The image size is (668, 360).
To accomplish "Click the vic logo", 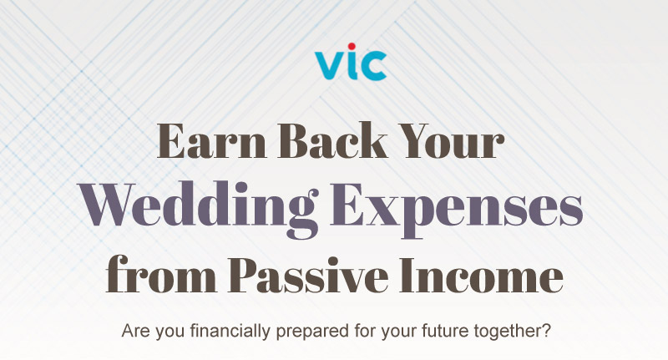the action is (351, 62).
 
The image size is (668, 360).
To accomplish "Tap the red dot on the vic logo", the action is (352, 47).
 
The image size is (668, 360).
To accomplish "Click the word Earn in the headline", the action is (212, 141).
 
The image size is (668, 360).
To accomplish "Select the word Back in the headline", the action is (332, 141).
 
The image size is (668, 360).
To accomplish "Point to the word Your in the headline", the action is (453, 141).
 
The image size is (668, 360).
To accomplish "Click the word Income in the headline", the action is (482, 275).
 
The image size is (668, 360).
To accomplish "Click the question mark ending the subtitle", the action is (546, 331).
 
